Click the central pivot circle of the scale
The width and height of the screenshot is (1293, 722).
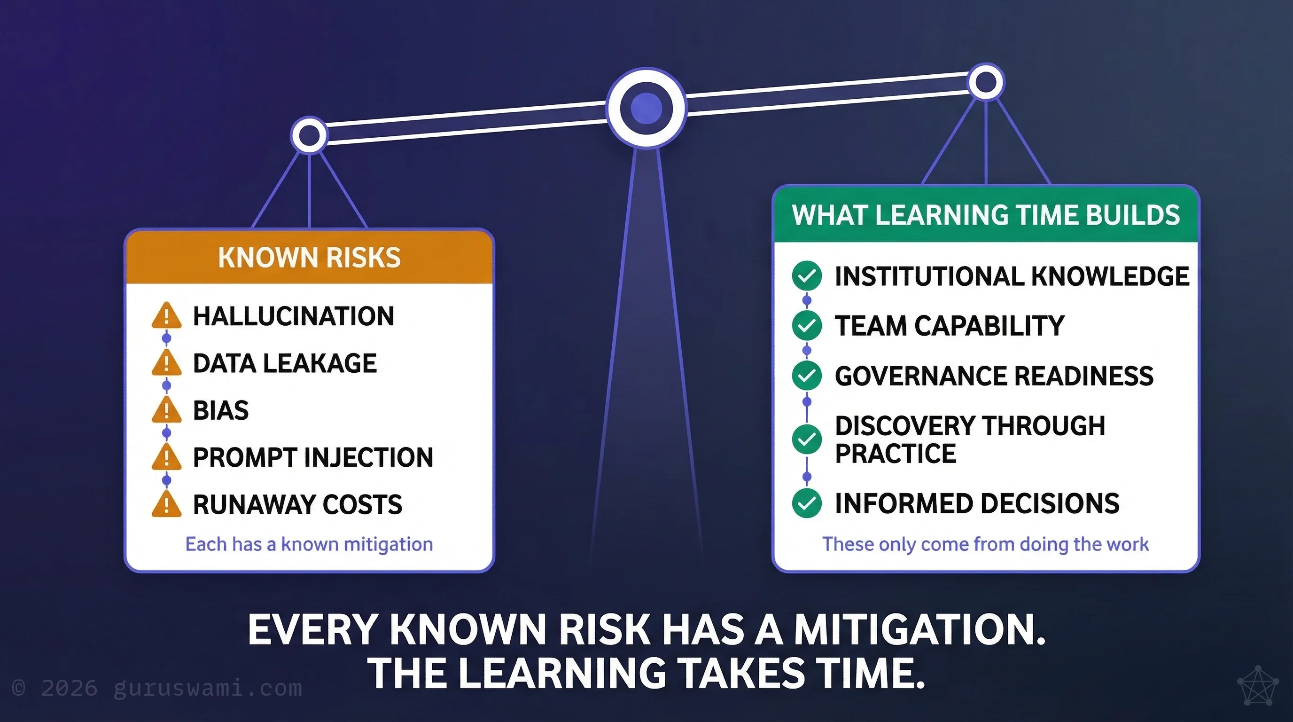[646, 108]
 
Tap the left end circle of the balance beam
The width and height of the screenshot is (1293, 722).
[309, 135]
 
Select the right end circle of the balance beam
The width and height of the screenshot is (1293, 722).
[986, 82]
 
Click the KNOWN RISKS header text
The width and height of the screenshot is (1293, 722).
[309, 258]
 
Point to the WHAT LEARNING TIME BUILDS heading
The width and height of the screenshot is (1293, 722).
[985, 215]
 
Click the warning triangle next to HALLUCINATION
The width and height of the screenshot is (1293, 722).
[166, 316]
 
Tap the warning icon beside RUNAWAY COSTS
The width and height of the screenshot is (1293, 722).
[166, 504]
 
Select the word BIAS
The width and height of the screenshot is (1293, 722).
[221, 410]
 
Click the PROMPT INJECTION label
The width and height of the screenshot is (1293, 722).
[313, 457]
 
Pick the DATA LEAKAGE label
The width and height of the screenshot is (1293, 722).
[285, 363]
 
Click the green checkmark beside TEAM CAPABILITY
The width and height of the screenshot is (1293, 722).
[807, 325]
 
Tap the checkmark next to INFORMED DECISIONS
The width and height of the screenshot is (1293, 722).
[807, 503]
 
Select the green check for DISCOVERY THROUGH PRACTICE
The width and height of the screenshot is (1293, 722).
[807, 439]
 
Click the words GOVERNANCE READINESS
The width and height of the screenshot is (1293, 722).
[994, 376]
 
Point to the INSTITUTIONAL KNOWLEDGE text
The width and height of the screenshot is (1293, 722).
[1012, 276]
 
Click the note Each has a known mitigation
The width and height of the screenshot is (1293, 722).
[309, 544]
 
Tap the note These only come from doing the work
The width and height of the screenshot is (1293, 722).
[985, 544]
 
